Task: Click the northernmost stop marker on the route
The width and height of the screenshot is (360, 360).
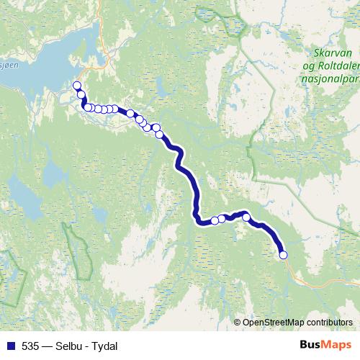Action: point(77,86)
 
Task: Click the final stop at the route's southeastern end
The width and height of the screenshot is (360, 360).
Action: point(283,255)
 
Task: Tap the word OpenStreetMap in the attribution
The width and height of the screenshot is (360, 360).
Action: point(274,322)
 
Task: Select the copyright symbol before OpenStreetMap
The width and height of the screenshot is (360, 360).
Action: point(238,322)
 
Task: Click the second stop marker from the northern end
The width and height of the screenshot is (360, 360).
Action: point(81,94)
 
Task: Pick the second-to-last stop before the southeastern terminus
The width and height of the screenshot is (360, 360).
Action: point(246,217)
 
